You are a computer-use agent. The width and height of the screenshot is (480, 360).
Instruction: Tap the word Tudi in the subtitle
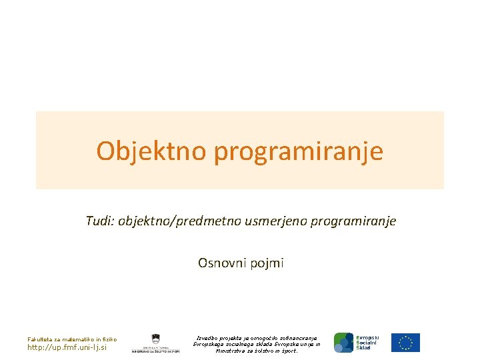[x=99, y=221]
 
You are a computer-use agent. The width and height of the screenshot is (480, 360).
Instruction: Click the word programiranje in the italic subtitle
[x=353, y=221]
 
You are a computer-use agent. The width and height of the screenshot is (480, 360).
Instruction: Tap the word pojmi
[x=268, y=263]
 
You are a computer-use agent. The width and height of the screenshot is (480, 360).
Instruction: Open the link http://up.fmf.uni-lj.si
[x=67, y=347]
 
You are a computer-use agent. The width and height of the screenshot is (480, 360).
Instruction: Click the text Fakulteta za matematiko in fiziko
[x=72, y=339]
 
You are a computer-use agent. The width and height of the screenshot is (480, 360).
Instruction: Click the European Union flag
[x=405, y=343]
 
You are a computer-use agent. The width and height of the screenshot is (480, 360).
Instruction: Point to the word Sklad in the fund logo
[x=364, y=348]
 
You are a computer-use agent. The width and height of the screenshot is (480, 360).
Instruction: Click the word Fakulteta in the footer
[x=39, y=339]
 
